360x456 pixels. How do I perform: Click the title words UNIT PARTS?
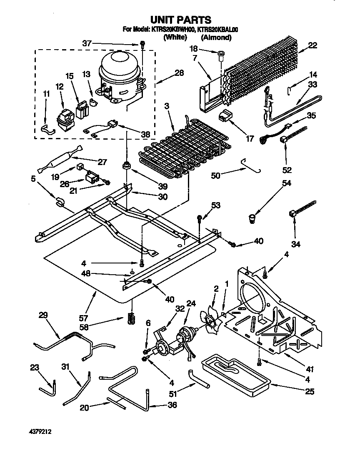coord(180,20)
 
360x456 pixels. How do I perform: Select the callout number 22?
coord(312,45)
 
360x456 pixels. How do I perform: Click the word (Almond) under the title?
coord(216,38)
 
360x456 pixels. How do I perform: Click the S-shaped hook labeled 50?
coord(253,165)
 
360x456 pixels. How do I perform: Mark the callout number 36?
coord(172,405)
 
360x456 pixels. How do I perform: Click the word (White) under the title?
coord(175,38)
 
